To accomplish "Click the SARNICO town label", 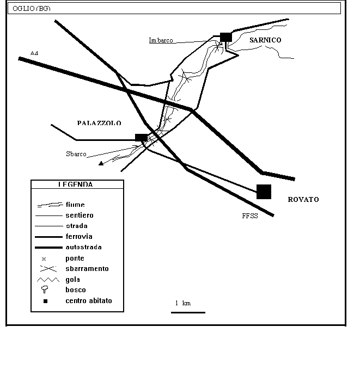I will tap(265, 40).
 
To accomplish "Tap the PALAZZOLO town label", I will tap(99, 124).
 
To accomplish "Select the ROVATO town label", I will tap(303, 200).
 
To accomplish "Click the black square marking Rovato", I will tap(264, 192).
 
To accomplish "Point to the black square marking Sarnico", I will tap(226, 36).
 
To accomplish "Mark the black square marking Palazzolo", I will tap(141, 138).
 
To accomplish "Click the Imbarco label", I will tap(161, 40).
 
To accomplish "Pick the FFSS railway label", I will tap(250, 216).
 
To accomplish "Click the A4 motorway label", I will tap(34, 53).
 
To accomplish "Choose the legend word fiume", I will tap(75, 205).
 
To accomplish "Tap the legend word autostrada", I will tap(83, 247).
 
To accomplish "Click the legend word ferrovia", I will tap(78, 237).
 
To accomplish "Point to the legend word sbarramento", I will tap(87, 268).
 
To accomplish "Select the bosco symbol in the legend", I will tap(46, 289).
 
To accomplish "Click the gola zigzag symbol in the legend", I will tap(46, 279).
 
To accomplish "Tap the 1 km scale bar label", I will tap(182, 303).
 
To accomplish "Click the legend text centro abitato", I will tap(89, 300).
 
